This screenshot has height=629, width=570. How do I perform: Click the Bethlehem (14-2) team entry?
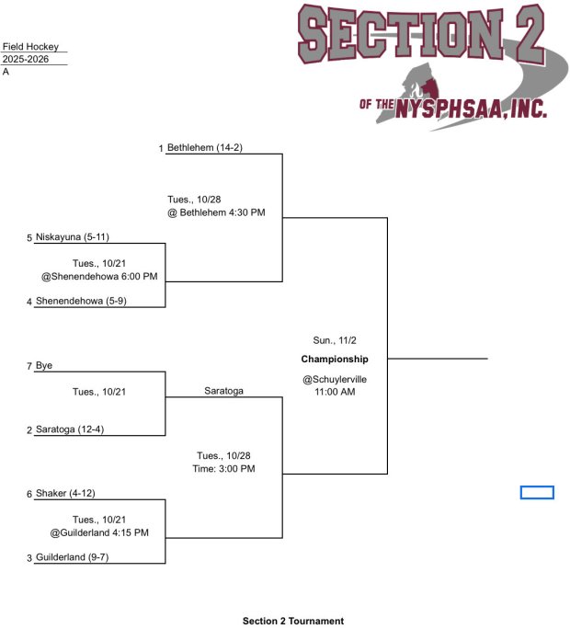(x=204, y=147)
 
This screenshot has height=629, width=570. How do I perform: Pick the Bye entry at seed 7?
(x=44, y=366)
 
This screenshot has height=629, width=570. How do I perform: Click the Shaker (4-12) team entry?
(x=65, y=494)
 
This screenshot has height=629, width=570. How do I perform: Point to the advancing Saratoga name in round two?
(x=223, y=391)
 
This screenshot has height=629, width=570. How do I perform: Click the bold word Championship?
(x=335, y=359)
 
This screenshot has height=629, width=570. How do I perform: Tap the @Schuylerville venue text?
(x=335, y=379)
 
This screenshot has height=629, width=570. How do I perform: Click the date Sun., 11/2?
(x=335, y=340)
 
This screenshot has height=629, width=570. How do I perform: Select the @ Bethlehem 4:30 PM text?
(x=216, y=212)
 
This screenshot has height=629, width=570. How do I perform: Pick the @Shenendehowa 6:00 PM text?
(x=99, y=276)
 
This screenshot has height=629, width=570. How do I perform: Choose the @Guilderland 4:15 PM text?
(x=99, y=532)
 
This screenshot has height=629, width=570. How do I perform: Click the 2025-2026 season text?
(x=26, y=59)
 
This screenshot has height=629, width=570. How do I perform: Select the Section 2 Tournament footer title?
(x=293, y=621)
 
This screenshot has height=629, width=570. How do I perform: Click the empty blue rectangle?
(x=537, y=493)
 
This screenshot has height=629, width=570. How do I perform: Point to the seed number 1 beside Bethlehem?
(x=160, y=148)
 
